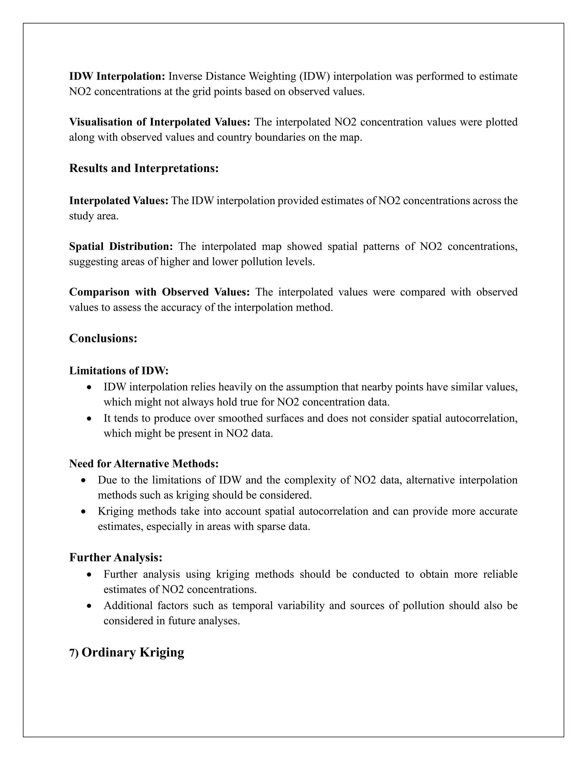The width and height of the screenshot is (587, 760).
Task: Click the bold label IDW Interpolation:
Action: click(x=117, y=76)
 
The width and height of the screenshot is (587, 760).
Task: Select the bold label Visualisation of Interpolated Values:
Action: click(x=160, y=122)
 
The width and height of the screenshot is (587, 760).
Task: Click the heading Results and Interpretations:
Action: click(x=144, y=168)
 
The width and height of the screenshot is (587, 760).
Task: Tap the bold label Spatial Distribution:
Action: click(x=121, y=246)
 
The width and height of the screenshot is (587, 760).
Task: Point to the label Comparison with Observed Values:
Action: click(x=159, y=292)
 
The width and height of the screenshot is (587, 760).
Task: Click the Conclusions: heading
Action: click(x=103, y=338)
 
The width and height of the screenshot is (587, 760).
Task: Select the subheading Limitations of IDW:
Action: click(x=119, y=371)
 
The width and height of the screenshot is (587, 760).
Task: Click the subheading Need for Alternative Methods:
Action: click(x=144, y=463)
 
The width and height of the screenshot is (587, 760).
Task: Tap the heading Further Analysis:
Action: click(x=116, y=557)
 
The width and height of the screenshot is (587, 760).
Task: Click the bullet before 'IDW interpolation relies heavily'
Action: click(x=90, y=387)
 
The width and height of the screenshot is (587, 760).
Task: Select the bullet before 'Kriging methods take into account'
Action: click(x=83, y=512)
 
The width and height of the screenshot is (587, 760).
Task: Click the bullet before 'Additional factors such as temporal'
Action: click(x=90, y=606)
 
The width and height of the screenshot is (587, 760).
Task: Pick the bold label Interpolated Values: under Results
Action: click(x=119, y=200)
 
